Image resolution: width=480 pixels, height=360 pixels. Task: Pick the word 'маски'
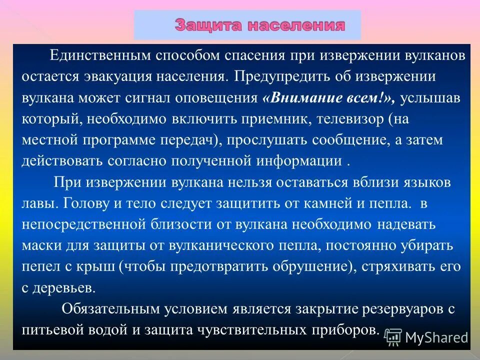tap(40, 246)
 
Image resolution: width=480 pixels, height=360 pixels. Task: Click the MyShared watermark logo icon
tap(393, 337)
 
